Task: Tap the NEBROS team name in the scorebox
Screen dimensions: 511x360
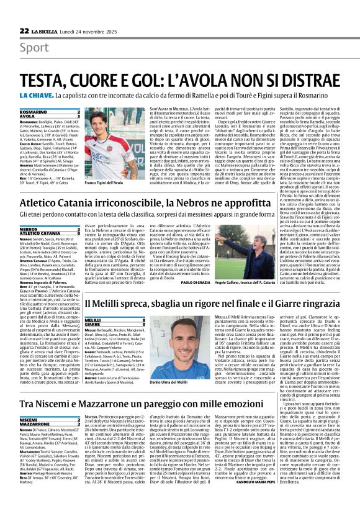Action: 29,228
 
